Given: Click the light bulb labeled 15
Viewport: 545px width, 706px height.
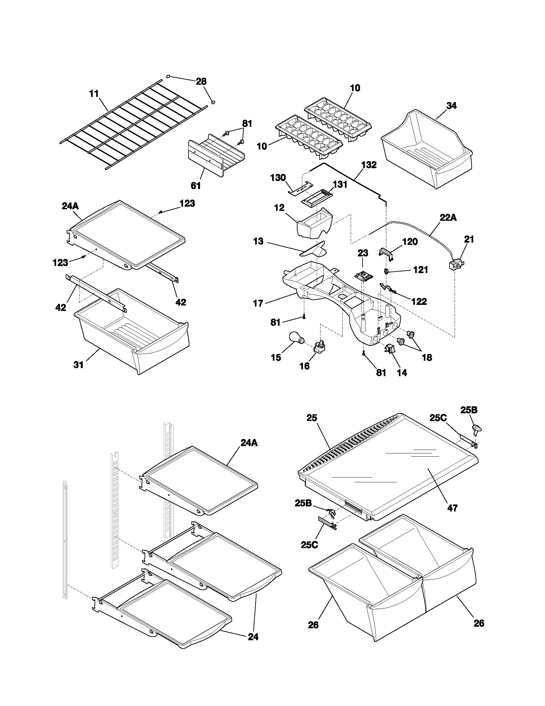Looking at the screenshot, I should click(296, 340).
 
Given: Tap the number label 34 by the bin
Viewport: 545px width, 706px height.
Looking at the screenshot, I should click(451, 105).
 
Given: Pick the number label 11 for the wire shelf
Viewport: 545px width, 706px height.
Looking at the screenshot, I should click(94, 94).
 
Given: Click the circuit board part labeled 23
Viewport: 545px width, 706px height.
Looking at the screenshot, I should click(363, 275).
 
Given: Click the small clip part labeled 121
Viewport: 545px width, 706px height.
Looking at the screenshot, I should click(387, 271).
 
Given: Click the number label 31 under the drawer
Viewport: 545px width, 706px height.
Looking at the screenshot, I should click(79, 365).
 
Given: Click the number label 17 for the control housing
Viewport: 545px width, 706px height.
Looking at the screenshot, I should click(258, 303).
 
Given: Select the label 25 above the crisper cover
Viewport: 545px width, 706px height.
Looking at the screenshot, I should click(312, 418).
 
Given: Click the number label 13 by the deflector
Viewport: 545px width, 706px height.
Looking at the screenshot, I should click(258, 241).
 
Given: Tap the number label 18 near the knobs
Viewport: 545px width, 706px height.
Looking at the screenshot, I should click(427, 357).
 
